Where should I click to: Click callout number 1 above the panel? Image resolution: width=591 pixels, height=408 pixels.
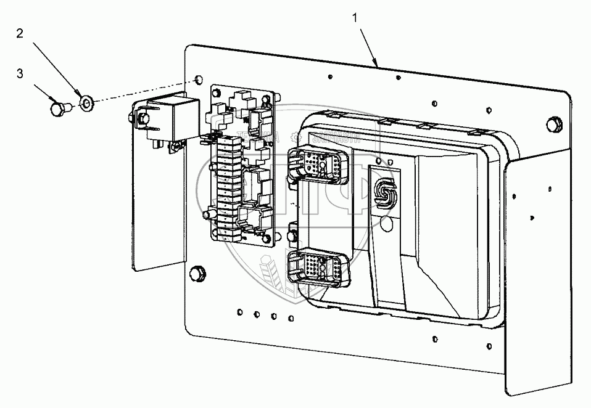point(355,18)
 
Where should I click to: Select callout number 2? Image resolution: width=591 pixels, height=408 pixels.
point(20,34)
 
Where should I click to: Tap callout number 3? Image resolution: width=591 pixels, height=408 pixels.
point(20,73)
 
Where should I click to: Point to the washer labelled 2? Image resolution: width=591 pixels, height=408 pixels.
point(86,100)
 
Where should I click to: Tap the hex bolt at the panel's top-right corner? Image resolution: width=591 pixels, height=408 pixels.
point(554,124)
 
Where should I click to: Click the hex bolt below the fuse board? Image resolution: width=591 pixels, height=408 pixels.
point(199,272)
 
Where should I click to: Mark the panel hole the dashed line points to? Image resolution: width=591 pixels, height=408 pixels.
point(197,81)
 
